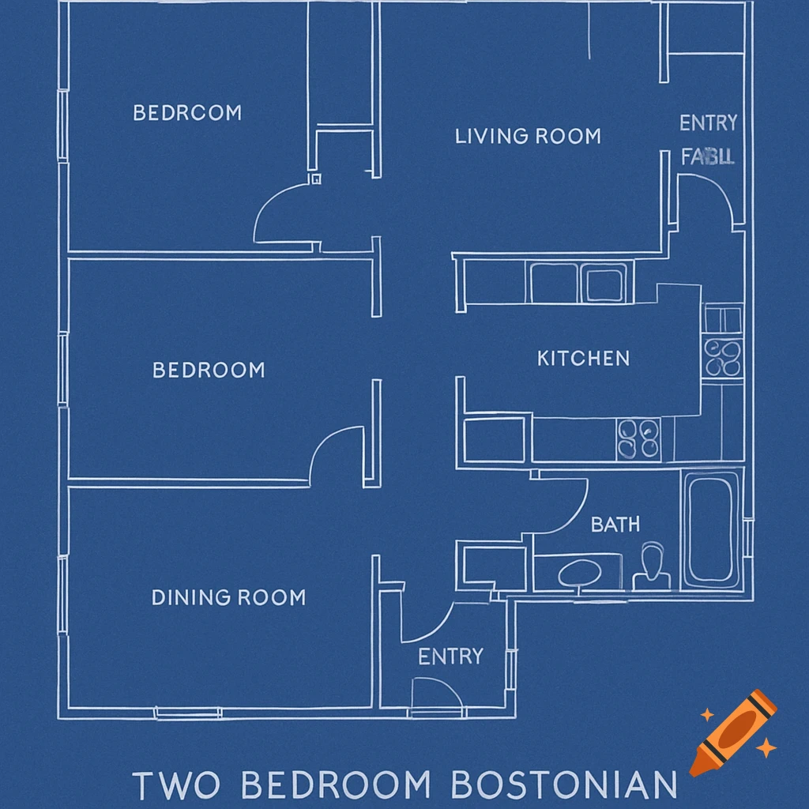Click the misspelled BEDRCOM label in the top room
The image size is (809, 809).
coord(187,113)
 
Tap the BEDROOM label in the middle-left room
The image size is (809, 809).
coord(209,370)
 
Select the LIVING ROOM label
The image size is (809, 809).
coord(528,136)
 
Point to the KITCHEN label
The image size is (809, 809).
coord(583,359)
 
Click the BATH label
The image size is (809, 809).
coord(615,524)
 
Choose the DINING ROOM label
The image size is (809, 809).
coord(228,597)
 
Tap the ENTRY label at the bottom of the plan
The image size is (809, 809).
coord(450,657)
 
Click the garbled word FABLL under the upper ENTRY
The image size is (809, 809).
coord(708,156)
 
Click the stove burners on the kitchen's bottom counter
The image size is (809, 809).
coord(638,438)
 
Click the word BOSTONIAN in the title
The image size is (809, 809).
coord(564,786)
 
